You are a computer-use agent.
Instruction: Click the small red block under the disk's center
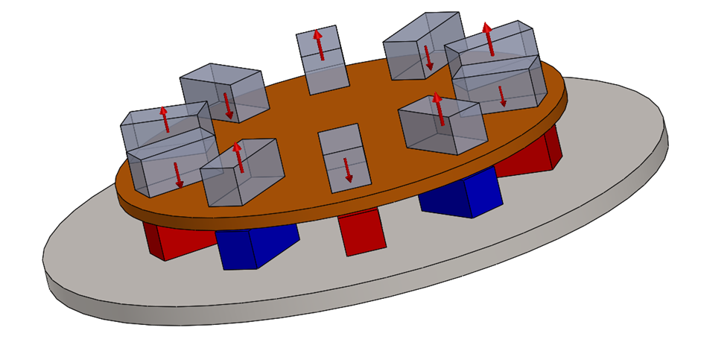(363, 232)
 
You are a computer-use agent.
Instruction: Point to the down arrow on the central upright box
(347, 170)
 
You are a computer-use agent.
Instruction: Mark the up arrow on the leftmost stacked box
(164, 119)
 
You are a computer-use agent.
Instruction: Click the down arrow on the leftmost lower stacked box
(178, 174)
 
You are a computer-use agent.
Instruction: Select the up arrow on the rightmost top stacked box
(489, 39)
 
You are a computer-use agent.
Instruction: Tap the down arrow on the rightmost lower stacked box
(502, 95)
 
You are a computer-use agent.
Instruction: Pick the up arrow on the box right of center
(439, 109)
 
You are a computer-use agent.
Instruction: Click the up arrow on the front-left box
(238, 157)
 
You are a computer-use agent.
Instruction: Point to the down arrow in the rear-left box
(227, 106)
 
